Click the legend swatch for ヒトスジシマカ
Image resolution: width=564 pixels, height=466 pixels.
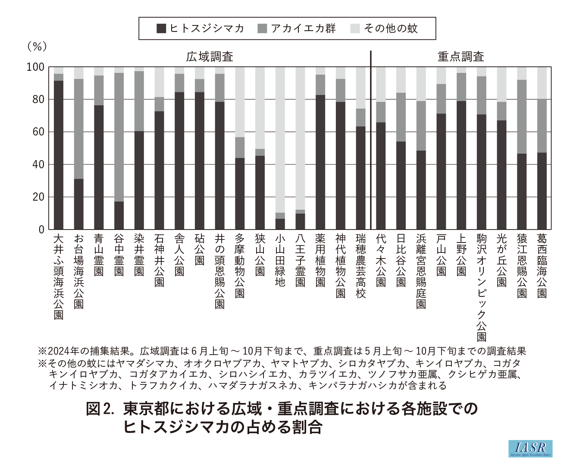161,29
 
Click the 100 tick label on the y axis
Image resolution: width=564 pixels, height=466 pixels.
35,67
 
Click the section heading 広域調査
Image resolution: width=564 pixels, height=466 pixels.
210,57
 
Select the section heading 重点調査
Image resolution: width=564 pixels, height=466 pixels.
461,57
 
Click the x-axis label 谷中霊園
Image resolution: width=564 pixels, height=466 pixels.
119,255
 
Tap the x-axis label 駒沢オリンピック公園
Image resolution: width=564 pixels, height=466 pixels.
481,287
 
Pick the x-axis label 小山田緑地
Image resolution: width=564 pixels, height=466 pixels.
280,260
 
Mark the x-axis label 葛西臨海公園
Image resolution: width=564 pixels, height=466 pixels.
542,266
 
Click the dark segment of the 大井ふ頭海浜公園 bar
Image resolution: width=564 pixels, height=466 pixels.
59,155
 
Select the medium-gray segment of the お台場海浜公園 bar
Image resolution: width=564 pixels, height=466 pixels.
78,129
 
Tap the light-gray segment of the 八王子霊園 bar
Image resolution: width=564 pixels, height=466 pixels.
300,138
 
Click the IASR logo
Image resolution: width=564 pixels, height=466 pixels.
530,448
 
